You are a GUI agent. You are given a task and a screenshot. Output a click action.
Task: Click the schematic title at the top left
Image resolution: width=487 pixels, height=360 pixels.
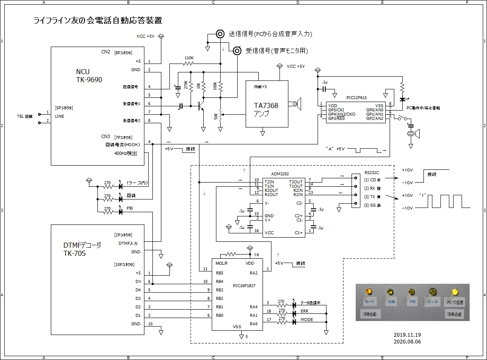click(98, 20)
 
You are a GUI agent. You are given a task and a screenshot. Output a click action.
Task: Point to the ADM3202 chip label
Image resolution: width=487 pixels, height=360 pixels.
click(280, 174)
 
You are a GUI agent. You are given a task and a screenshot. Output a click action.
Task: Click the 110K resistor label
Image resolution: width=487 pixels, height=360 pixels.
click(189, 58)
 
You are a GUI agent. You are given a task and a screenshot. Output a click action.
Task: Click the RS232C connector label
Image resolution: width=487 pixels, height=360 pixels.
click(372, 173)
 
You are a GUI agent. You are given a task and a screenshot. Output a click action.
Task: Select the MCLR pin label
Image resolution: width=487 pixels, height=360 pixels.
click(221, 263)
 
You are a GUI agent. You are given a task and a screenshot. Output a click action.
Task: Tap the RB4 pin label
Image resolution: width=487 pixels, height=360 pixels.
click(219, 282)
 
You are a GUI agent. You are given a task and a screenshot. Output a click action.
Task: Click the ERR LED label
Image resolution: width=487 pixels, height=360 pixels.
click(304, 311)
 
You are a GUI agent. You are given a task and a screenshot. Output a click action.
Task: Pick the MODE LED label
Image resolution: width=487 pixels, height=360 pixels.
click(307, 320)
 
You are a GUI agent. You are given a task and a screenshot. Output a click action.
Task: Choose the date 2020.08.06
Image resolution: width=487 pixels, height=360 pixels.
click(407, 341)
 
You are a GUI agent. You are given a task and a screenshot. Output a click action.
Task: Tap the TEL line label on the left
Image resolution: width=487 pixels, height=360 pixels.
click(25, 116)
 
